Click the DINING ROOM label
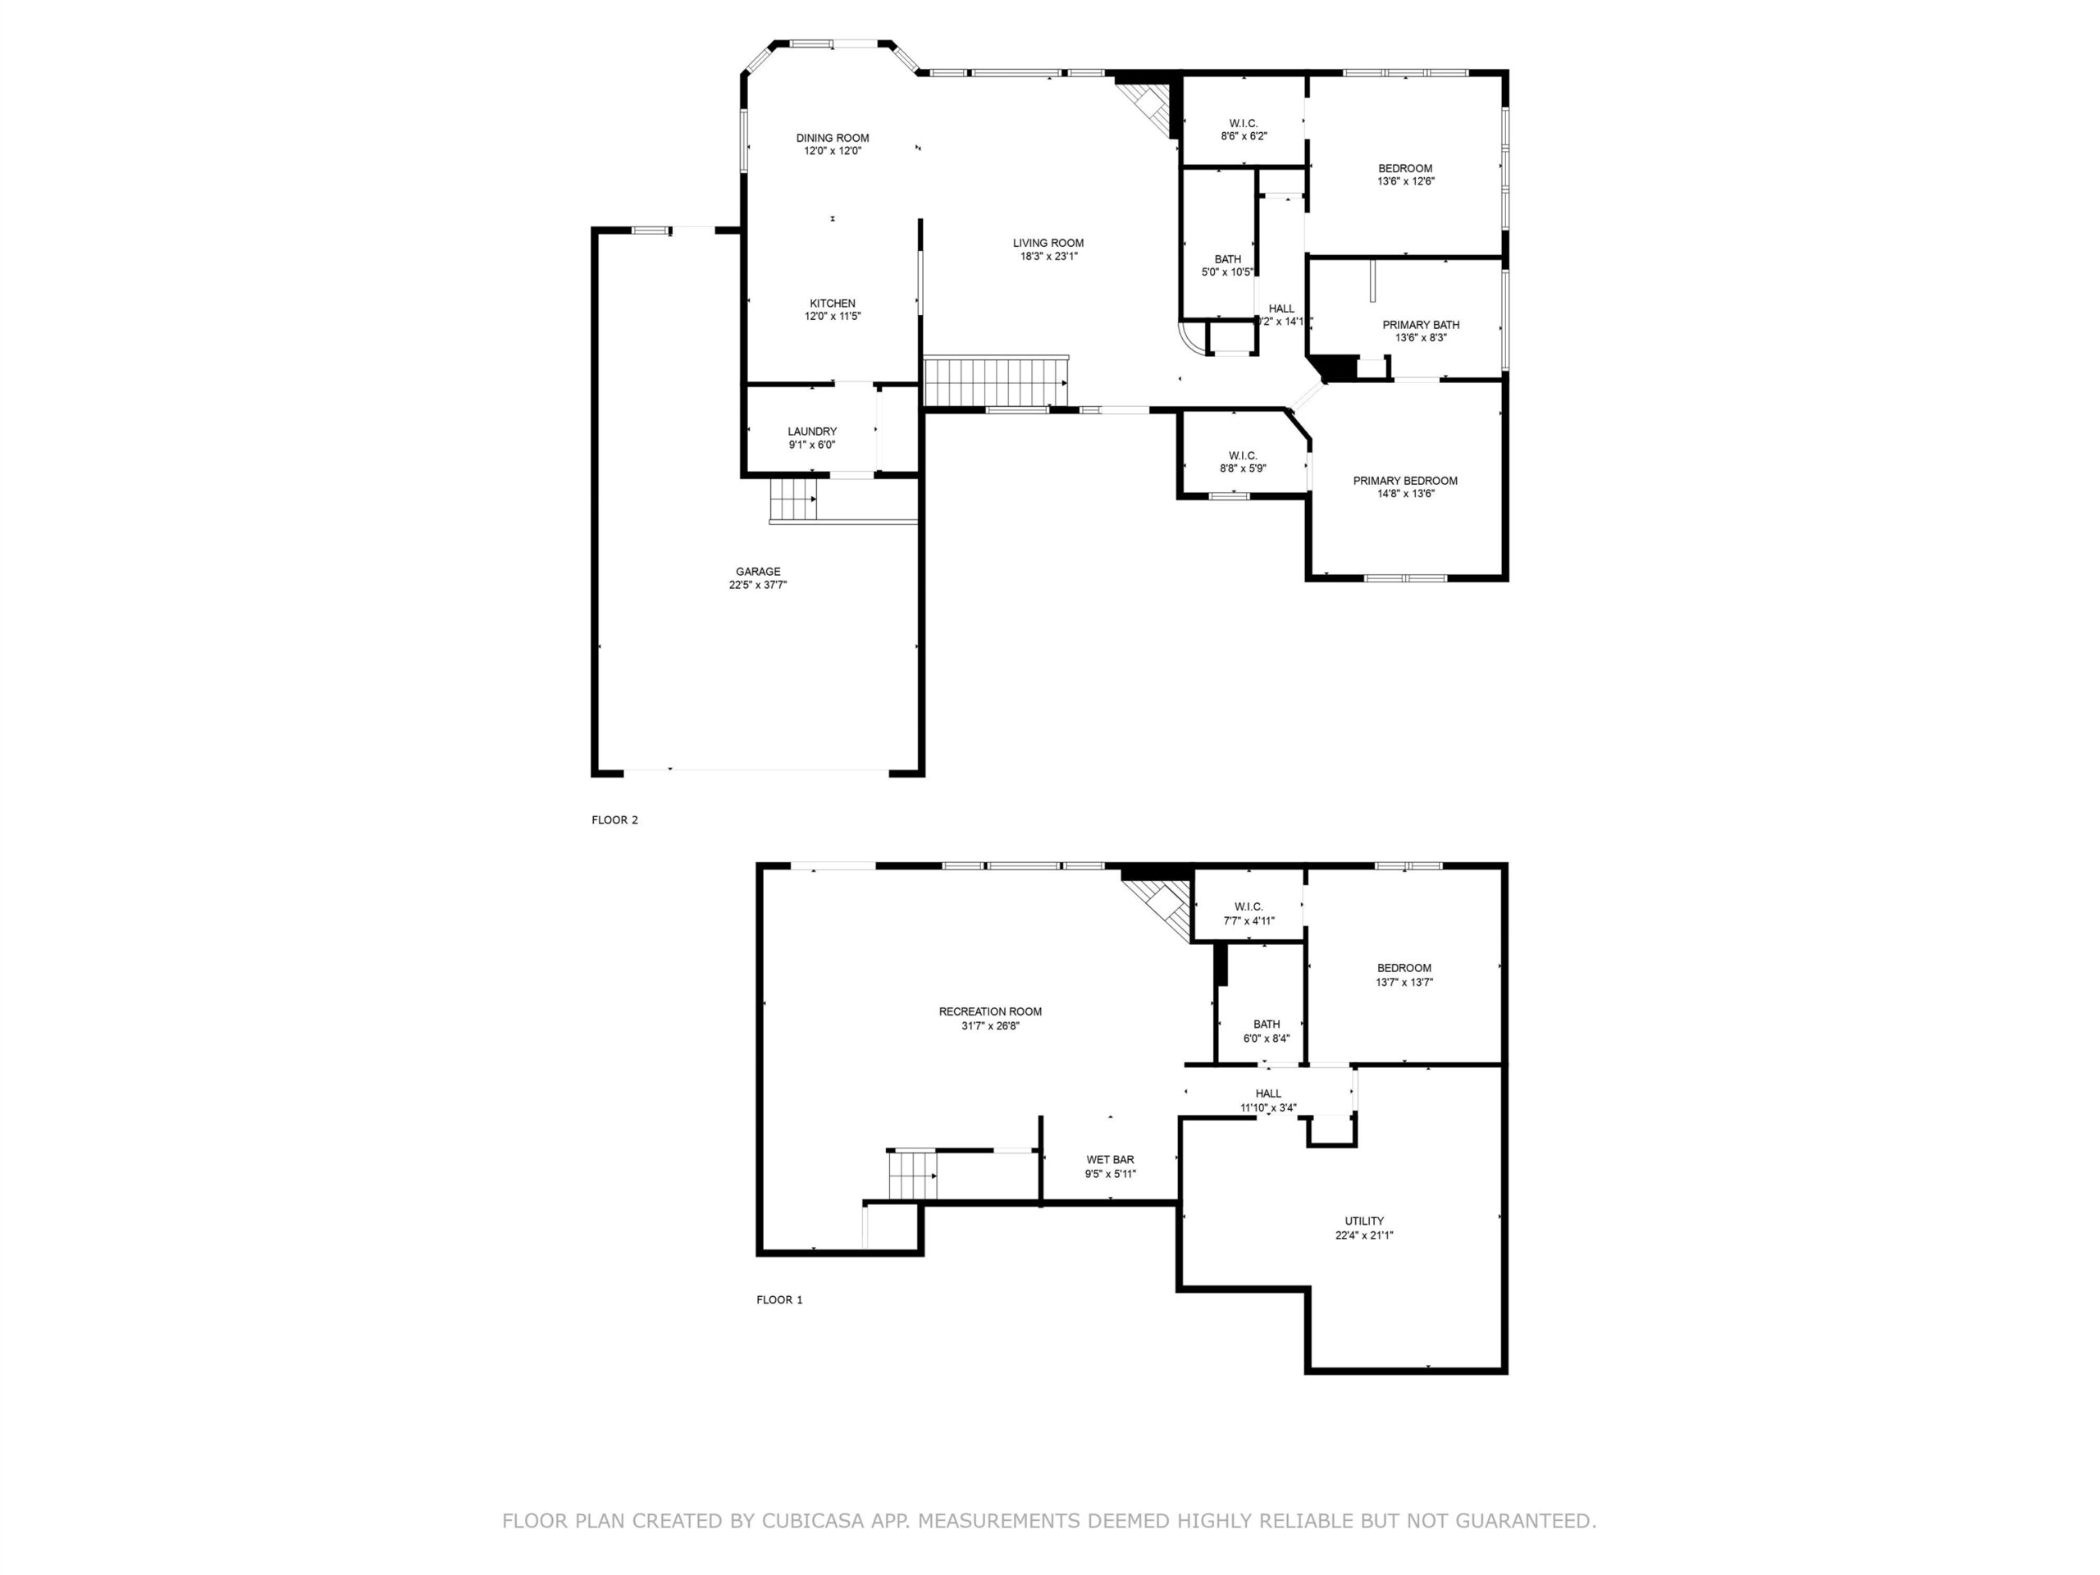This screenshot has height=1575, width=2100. coord(832,138)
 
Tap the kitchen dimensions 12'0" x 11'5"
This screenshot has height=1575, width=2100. coord(832,316)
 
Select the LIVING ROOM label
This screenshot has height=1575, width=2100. coord(1048,243)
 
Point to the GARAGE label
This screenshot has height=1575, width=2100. coord(758,572)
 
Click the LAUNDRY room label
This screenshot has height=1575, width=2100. coord(812,431)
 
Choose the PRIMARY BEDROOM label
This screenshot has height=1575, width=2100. coord(1405,481)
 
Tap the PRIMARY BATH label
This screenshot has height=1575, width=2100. coord(1420,325)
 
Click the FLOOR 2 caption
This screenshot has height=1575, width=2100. coord(614,820)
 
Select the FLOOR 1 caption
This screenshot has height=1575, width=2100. coord(779,1299)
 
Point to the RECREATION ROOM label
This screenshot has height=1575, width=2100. coord(990,1012)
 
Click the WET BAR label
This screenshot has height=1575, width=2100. coord(1110,1159)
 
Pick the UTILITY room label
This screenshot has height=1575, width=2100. coord(1364,1221)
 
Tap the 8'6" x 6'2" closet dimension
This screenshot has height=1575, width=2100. coord(1244,135)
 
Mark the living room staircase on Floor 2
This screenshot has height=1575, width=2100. coord(996,381)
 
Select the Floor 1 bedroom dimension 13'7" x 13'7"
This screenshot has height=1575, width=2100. coord(1404,983)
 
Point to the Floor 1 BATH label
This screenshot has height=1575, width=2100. coord(1267,1025)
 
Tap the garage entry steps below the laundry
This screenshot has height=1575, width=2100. coord(794,500)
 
